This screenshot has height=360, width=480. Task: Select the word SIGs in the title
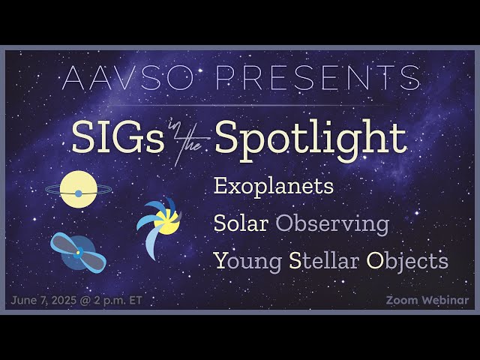coord(118,138)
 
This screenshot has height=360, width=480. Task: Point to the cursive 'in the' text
coord(189,142)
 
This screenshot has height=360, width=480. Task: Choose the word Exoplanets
coord(273,187)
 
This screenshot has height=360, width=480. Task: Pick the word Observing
coord(332,223)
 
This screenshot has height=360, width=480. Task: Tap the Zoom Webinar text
coord(427,300)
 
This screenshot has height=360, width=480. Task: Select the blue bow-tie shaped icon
coord(78,252)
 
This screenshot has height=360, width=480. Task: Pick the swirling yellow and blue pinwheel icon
coord(160,223)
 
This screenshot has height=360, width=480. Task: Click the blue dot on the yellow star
coord(78,193)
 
